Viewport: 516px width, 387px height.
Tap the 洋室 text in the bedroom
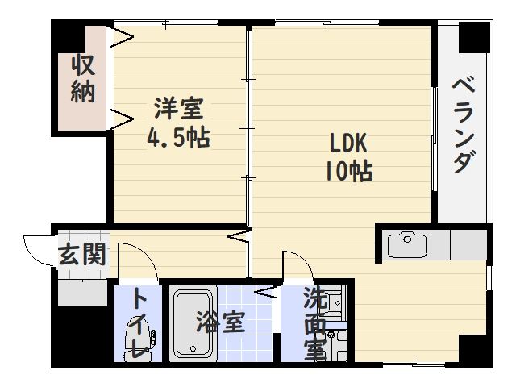tap(179, 108)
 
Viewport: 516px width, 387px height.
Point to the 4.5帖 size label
tap(178, 138)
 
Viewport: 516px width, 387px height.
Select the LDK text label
tap(347, 144)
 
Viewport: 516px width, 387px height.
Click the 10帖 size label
tap(349, 171)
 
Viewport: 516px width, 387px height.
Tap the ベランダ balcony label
tap(464, 126)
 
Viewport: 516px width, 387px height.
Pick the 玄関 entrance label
tap(82, 254)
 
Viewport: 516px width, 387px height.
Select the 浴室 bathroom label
tap(220, 322)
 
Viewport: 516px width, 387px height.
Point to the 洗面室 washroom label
tap(315, 323)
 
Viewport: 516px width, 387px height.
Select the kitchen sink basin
tap(406, 245)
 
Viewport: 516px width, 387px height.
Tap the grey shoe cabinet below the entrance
tap(82, 293)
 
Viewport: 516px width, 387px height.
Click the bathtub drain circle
tap(193, 349)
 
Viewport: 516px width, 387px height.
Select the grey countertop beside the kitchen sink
tap(468, 245)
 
